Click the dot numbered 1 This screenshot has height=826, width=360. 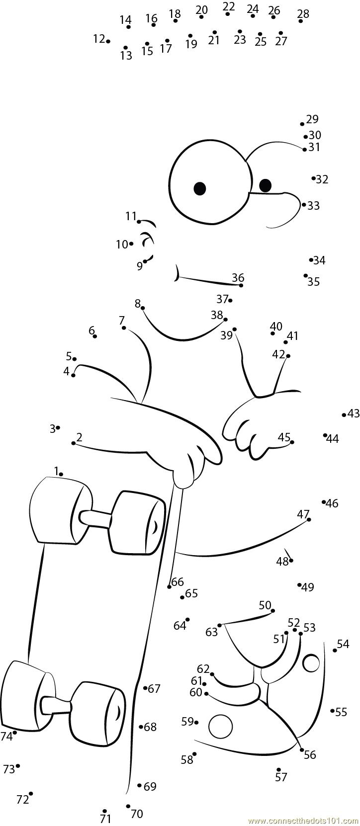click(x=61, y=474)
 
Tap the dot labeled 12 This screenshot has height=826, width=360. click(x=108, y=41)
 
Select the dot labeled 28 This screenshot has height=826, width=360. click(x=300, y=21)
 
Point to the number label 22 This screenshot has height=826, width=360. click(x=229, y=6)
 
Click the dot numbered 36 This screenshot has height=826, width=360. click(x=241, y=285)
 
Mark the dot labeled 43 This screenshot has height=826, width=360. click(x=344, y=415)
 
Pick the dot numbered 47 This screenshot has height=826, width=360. click(x=309, y=519)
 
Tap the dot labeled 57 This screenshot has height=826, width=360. click(x=278, y=769)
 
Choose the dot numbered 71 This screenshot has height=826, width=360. click(x=104, y=811)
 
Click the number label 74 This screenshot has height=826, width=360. click(x=6, y=737)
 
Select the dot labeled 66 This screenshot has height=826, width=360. click(x=170, y=587)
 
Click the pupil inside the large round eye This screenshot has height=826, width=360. click(x=199, y=188)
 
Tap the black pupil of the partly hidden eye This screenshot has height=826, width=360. click(x=265, y=185)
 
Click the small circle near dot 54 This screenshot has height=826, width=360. click(x=311, y=662)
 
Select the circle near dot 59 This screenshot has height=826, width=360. click(x=220, y=727)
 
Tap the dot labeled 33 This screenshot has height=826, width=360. click(x=304, y=204)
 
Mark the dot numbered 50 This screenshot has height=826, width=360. click(x=272, y=610)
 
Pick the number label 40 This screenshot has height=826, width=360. click(x=276, y=326)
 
